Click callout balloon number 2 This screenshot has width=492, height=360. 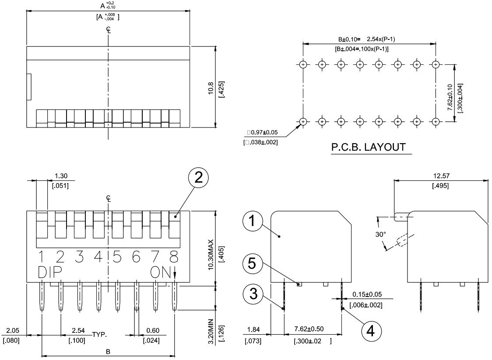[198, 177]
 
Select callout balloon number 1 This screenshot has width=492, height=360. [253, 221]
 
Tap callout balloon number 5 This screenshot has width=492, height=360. [253, 263]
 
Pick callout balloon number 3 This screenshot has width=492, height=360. [253, 294]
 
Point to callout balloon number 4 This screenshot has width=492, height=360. [371, 331]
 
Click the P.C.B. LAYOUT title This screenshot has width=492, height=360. [369, 147]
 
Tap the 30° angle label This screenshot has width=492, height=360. [381, 234]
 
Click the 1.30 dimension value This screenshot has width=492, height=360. [61, 176]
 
